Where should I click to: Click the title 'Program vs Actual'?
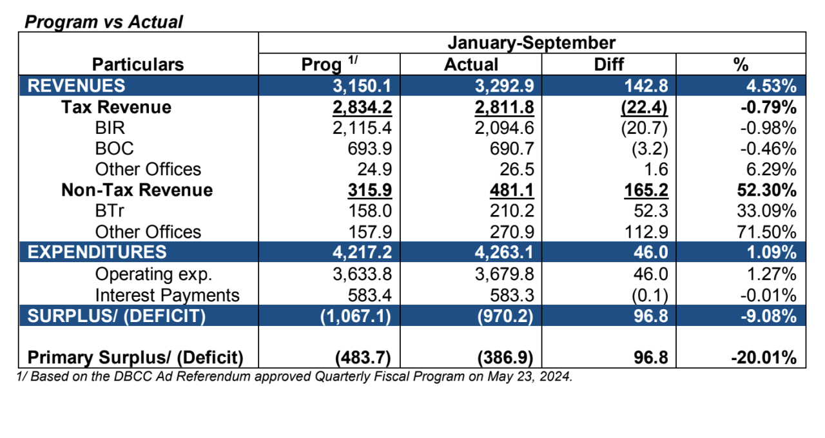pyautogui.click(x=104, y=22)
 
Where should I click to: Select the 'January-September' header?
pyautogui.click(x=532, y=43)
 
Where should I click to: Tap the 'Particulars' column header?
pyautogui.click(x=138, y=64)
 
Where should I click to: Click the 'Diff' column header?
pyautogui.click(x=609, y=64)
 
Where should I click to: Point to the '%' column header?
pyautogui.click(x=741, y=64)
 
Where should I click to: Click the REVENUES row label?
pyautogui.click(x=76, y=86)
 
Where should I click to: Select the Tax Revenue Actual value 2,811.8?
pyautogui.click(x=504, y=108)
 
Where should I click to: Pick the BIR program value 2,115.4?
pyautogui.click(x=362, y=128)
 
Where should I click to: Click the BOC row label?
pyautogui.click(x=114, y=149)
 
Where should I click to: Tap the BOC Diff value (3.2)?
pyautogui.click(x=650, y=149)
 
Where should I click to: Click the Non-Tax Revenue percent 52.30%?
pyautogui.click(x=767, y=190)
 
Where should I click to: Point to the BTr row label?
pyautogui.click(x=110, y=211)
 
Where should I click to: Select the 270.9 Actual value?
pyautogui.click(x=512, y=232)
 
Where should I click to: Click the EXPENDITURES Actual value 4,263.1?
pyautogui.click(x=504, y=252)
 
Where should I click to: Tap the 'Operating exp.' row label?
pyautogui.click(x=153, y=274)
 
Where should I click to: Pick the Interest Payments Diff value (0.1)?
pyautogui.click(x=650, y=296)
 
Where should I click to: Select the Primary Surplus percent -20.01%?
pyautogui.click(x=764, y=357)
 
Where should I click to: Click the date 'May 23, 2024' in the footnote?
pyautogui.click(x=530, y=377)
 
